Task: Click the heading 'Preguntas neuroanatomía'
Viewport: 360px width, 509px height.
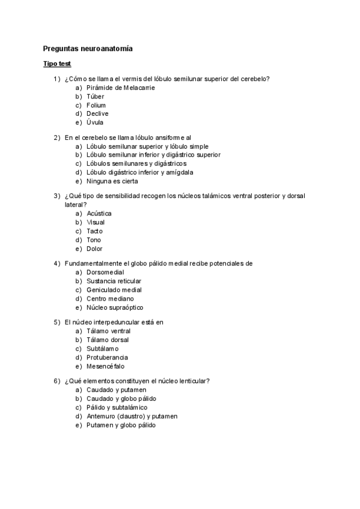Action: click(x=88, y=48)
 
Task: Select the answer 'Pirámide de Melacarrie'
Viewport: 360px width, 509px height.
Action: click(x=120, y=88)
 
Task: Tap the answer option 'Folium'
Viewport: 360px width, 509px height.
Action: click(x=96, y=105)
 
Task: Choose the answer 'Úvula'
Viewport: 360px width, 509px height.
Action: click(x=95, y=122)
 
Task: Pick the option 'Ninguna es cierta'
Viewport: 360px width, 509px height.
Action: click(x=112, y=181)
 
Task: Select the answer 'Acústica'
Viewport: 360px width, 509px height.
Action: click(x=99, y=213)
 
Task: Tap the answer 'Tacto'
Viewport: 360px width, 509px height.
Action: click(x=94, y=231)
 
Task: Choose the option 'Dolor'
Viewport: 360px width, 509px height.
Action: click(x=94, y=248)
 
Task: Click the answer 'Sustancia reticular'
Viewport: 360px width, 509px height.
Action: click(x=114, y=281)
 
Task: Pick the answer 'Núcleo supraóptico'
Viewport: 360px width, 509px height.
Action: click(x=115, y=307)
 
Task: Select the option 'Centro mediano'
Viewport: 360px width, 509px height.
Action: click(x=110, y=298)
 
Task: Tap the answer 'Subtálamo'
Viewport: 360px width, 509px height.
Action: click(x=103, y=348)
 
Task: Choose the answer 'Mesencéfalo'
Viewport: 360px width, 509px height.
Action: click(x=106, y=366)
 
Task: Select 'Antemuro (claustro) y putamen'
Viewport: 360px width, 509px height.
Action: click(x=132, y=416)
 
